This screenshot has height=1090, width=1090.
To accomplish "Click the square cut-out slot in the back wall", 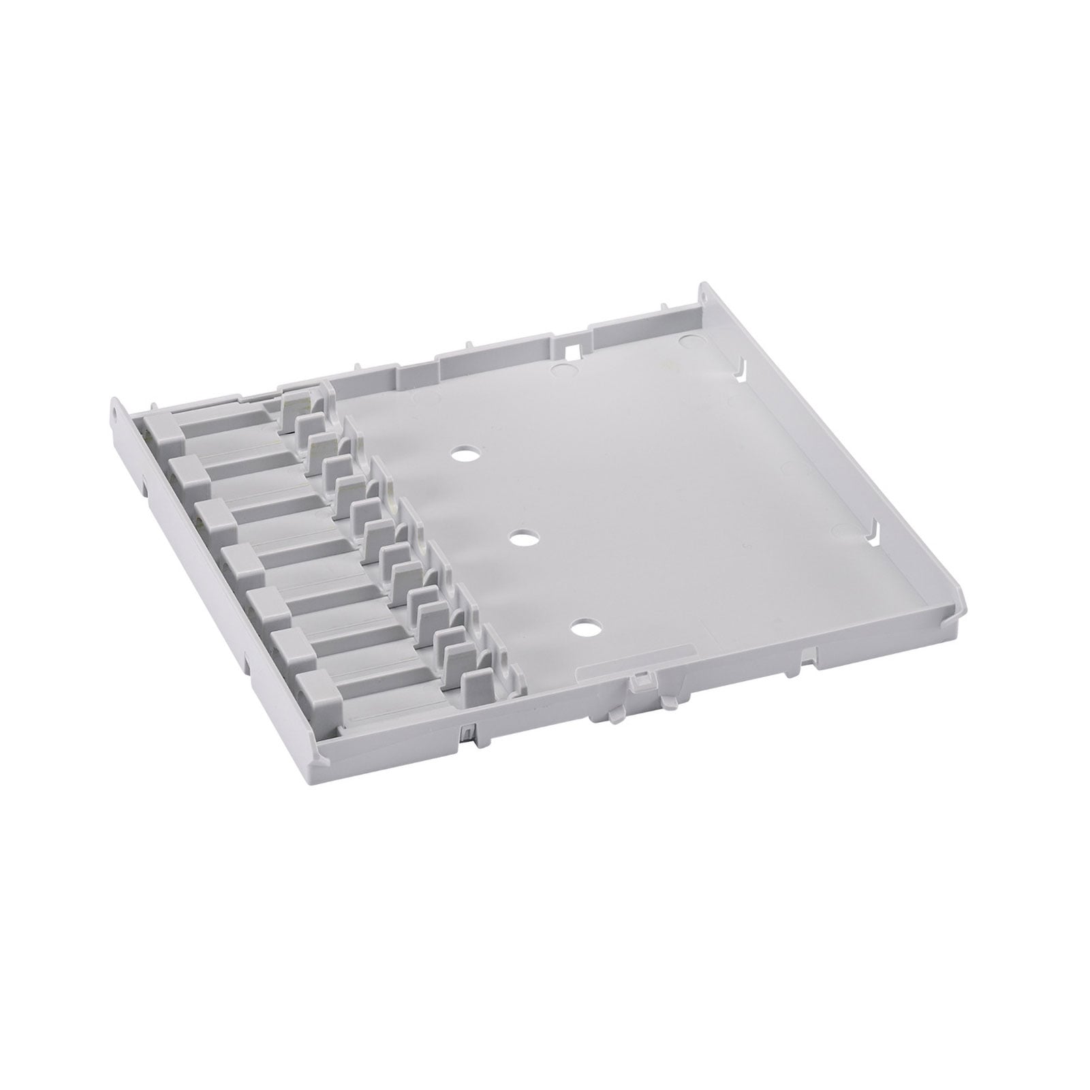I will tap(574, 351).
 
